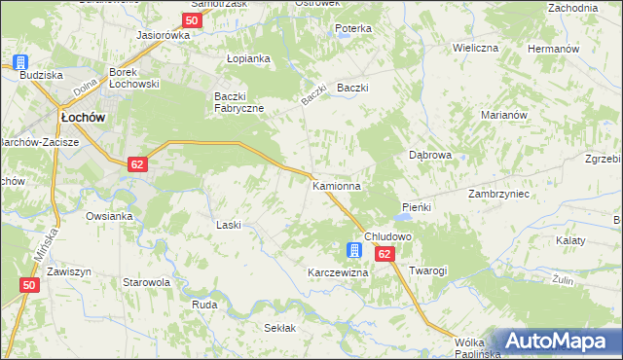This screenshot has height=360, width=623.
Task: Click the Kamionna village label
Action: click(x=337, y=185)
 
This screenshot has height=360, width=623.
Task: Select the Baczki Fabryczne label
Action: click(x=238, y=101)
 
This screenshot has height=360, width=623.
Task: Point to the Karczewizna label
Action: click(x=338, y=272)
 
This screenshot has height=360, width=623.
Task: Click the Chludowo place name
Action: click(x=388, y=236)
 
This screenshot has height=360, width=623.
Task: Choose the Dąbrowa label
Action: click(x=429, y=155)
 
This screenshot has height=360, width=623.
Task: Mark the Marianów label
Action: click(x=503, y=115)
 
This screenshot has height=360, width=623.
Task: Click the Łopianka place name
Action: click(x=247, y=58)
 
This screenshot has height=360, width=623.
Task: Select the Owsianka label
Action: click(x=108, y=216)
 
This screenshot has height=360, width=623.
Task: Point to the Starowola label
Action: click(x=147, y=282)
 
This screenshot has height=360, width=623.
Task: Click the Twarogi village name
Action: click(x=427, y=270)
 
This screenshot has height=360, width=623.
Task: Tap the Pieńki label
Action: click(x=416, y=208)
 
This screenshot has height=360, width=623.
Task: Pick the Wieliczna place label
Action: click(x=475, y=47)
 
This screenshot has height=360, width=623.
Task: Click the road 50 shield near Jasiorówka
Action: click(x=192, y=19)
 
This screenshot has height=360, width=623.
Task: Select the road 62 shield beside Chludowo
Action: click(x=384, y=253)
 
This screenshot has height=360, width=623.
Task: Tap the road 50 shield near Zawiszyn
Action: click(x=29, y=285)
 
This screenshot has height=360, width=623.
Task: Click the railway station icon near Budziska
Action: click(x=20, y=60)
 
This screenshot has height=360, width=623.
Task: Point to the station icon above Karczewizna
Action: click(x=355, y=251)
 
